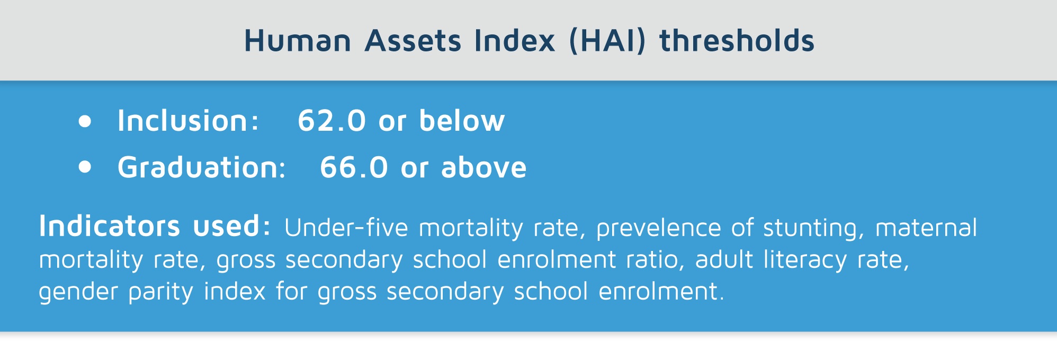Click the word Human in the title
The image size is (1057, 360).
(298, 41)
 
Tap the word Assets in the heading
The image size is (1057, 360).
(413, 41)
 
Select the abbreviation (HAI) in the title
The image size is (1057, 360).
(607, 41)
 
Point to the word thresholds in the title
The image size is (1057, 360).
(737, 40)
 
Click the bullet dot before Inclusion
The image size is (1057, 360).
(85, 121)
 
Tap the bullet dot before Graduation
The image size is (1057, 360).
(85, 167)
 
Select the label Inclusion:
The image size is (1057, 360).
(188, 121)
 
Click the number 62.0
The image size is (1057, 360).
(332, 121)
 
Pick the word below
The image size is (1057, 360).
(462, 120)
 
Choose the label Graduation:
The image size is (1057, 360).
(202, 167)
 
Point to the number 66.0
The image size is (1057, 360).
(354, 167)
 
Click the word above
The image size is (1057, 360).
(484, 167)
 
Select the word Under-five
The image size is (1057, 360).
(346, 228)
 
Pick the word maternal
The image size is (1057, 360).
(926, 228)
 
